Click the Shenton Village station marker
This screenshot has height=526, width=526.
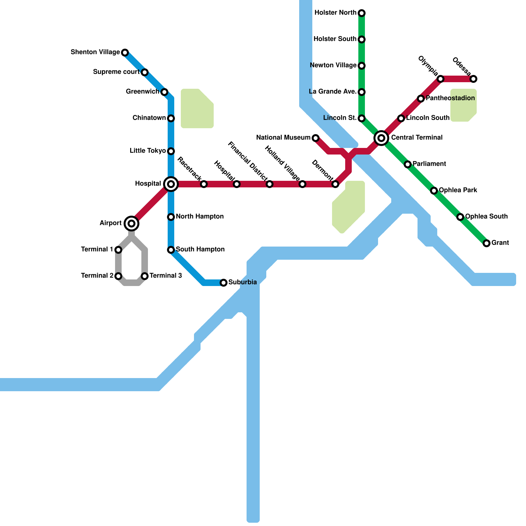pos(125,53)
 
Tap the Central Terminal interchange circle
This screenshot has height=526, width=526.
pos(381,138)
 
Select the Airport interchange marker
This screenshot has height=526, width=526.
pos(131,224)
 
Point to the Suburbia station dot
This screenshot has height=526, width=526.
pos(224,283)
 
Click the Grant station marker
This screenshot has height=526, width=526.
pos(487,243)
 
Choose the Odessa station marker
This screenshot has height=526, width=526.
pos(473,79)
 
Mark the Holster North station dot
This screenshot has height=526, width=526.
pos(362,13)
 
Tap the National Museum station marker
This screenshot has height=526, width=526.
pos(316,138)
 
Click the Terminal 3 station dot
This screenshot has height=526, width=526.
pos(145,276)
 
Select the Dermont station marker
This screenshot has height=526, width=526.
pos(335,184)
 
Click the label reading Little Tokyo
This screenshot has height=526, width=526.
pos(148,151)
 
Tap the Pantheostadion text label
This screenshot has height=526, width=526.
pos(450,98)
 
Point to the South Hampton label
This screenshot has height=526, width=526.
pos(200,250)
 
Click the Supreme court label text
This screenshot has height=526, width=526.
pos(116,72)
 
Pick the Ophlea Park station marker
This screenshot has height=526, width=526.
pos(434,191)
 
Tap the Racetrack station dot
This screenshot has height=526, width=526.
pos(204,184)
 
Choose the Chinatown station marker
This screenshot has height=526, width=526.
pos(171,118)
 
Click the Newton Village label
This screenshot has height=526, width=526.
pos(333,65)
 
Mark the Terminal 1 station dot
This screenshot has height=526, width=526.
pos(118,250)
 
